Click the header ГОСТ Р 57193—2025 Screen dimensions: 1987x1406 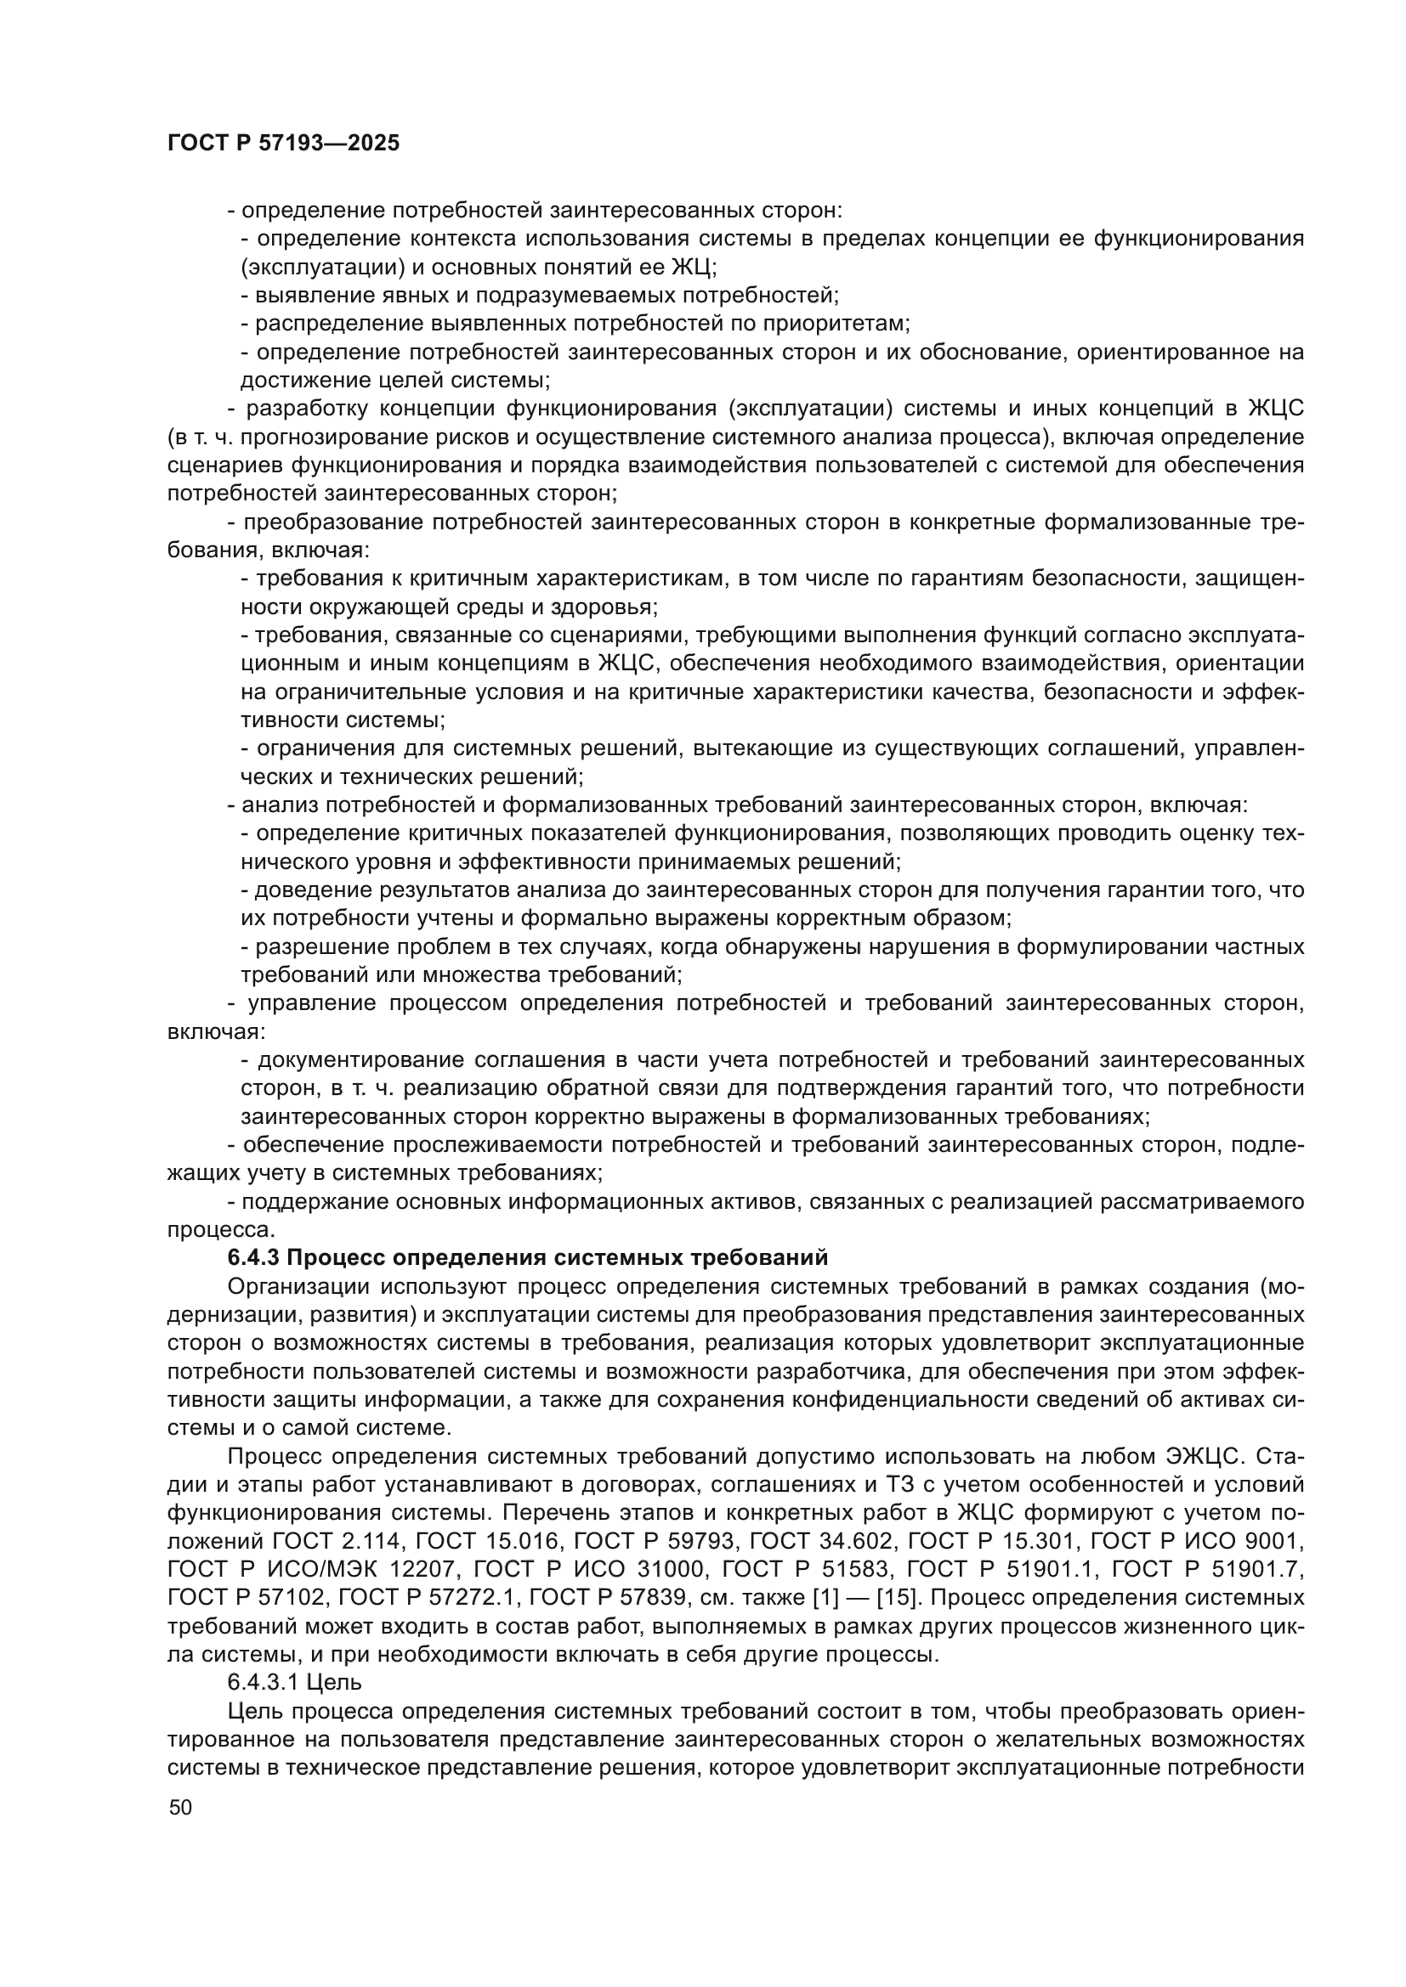point(283,144)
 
